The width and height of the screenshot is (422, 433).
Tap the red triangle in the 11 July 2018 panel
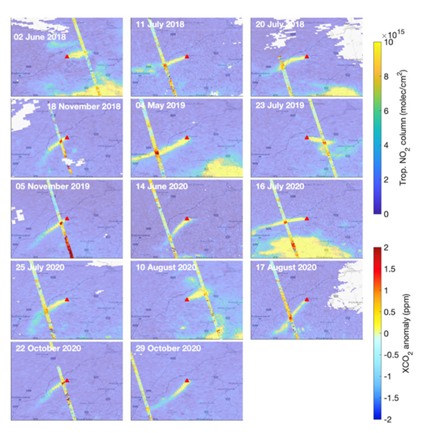[187, 56]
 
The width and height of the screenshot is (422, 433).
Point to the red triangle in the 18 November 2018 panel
[67, 137]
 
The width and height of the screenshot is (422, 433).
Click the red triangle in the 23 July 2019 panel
[307, 137]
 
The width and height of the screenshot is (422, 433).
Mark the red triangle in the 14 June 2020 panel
[187, 218]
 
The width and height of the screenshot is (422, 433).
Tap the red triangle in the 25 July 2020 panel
[67, 300]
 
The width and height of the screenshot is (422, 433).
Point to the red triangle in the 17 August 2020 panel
[307, 300]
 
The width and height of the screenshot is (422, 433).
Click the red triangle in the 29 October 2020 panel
[187, 381]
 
